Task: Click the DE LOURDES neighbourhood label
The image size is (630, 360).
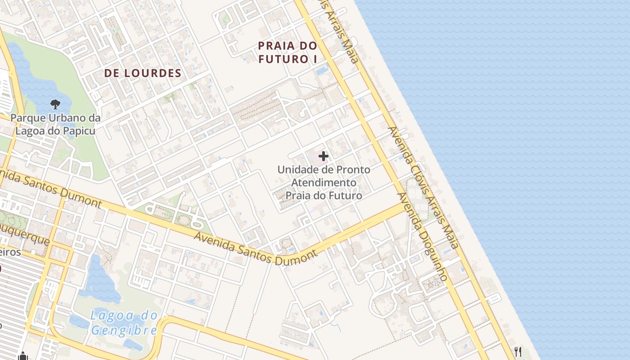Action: pos(143,73)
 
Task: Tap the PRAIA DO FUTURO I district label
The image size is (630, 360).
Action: pos(288,52)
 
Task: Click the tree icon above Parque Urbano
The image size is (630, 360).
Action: pos(55,105)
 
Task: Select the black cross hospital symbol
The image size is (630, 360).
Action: pos(324,156)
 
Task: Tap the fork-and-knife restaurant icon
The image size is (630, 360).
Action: pos(518,351)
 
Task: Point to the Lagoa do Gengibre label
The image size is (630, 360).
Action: pos(124,323)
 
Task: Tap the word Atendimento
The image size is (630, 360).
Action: pos(324,183)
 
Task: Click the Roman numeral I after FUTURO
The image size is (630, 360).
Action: pos(315,59)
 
